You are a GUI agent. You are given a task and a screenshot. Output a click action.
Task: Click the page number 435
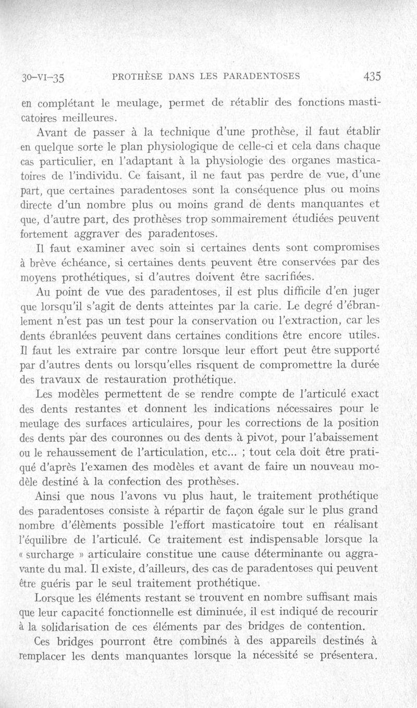pyautogui.click(x=373, y=76)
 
